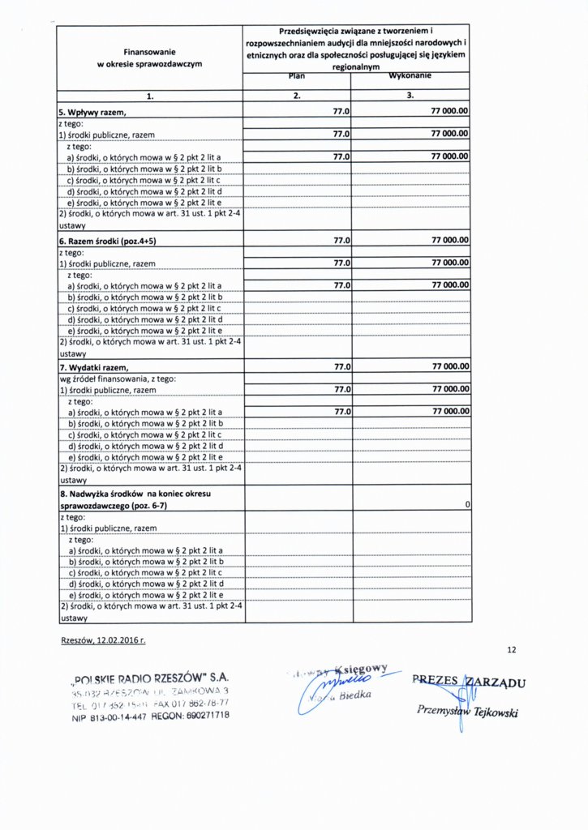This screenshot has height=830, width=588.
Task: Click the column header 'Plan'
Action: pos(297,77)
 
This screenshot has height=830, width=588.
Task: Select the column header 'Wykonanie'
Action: pos(410,77)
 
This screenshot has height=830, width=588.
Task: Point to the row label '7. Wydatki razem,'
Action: pos(94,368)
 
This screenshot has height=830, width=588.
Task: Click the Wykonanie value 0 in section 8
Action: pos(468,505)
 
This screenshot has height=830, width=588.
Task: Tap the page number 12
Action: pos(511,650)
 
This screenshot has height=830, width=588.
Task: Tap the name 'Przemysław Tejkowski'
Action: pos(467,712)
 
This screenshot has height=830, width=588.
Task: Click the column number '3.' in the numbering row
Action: pos(410,96)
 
